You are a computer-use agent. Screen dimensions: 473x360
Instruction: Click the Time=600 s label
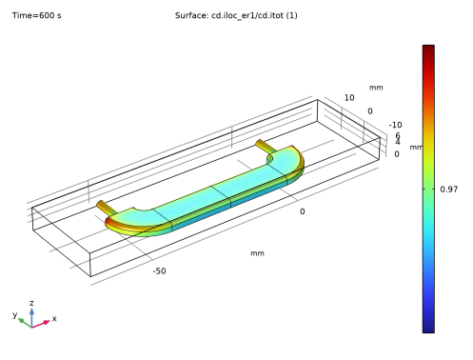(37, 15)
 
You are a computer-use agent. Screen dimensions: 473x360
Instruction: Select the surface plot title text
(236, 15)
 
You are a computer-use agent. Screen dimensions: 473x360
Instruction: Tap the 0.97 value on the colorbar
(449, 190)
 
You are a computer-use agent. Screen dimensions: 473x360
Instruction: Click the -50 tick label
(159, 271)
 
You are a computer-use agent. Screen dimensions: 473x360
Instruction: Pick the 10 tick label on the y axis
(349, 98)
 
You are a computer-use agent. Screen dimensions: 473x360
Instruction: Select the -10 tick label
(395, 125)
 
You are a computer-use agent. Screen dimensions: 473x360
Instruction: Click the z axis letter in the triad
(31, 303)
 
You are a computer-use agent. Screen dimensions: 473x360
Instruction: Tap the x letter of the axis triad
(54, 318)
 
